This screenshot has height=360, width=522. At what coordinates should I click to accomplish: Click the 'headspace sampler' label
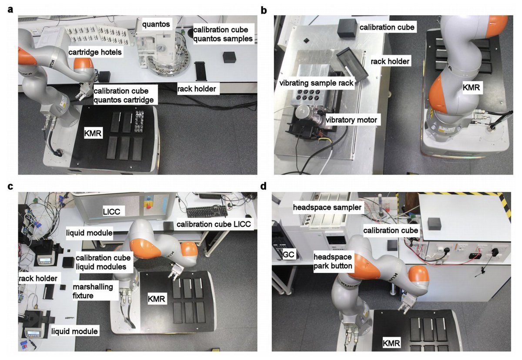tap(328, 208)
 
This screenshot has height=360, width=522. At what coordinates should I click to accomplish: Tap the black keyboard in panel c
tap(207, 211)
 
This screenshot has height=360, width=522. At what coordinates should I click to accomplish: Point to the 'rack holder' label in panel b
tap(390, 61)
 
